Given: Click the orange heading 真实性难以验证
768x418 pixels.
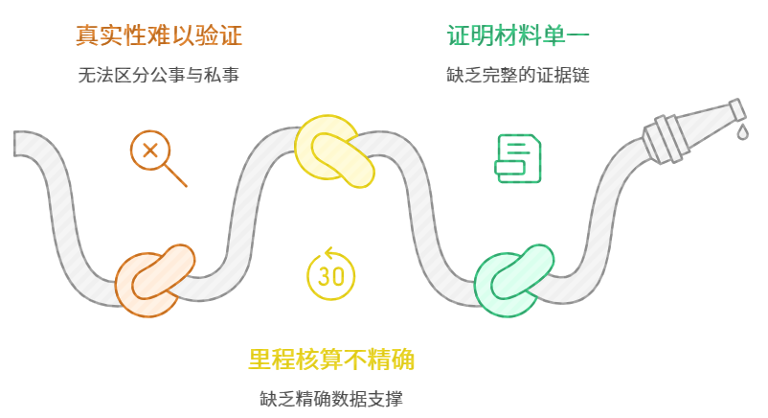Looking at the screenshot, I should click(158, 36).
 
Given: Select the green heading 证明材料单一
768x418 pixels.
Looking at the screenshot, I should click(518, 36).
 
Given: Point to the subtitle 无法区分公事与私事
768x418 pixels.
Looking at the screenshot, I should click(158, 75).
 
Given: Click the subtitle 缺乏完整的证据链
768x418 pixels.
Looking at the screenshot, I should click(518, 75).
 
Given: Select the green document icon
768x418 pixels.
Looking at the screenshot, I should click(517, 158).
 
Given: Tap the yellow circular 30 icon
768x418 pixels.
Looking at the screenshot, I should click(330, 274).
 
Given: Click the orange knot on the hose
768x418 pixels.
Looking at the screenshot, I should click(153, 280).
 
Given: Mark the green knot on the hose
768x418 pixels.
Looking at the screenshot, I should click(514, 279).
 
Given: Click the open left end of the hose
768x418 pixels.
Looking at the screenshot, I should click(19, 143).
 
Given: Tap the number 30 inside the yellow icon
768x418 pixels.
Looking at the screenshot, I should click(330, 277).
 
